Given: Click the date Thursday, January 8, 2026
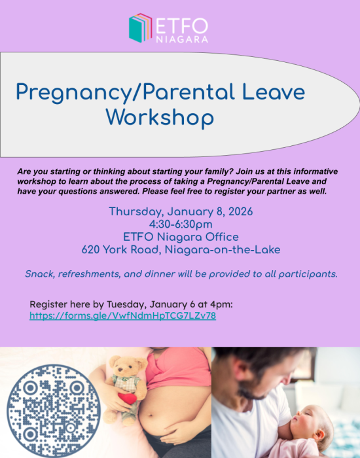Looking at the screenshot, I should tap(181, 212).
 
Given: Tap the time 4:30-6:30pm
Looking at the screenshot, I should tap(181, 224).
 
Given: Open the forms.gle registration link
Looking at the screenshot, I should tap(123, 315).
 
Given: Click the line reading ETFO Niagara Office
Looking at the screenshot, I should tap(181, 237).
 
